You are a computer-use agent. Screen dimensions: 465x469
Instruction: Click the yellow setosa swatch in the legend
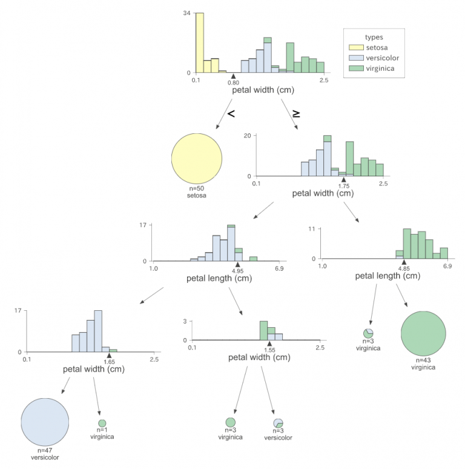tap(356, 47)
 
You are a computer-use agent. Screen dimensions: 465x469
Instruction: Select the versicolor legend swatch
tap(356, 58)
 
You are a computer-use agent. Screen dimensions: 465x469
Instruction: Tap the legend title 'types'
tap(374, 37)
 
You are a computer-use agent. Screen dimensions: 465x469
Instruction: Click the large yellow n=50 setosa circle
tap(197, 159)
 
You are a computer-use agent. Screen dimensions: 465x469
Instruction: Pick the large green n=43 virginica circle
tap(423, 333)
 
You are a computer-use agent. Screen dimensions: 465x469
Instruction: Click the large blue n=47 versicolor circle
tap(45, 422)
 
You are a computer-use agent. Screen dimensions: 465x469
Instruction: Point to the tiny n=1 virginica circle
tap(102, 423)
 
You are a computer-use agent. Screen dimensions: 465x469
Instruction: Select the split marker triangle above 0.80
tap(233, 76)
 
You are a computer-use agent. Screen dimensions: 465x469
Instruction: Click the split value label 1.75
tap(344, 186)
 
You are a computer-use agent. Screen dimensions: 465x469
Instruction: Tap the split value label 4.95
tap(237, 271)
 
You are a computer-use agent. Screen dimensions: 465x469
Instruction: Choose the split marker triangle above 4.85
tap(404, 262)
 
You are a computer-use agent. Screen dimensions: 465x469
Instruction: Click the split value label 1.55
tap(269, 350)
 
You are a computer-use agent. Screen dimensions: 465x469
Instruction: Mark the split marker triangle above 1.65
tap(109, 355)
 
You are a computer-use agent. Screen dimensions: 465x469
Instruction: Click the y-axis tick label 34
tap(186, 13)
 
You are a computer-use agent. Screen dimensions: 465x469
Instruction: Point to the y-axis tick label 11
tap(312, 229)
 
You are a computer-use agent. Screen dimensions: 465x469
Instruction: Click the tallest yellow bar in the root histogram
tap(200, 43)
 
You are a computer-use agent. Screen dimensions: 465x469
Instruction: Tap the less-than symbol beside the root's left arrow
tap(231, 113)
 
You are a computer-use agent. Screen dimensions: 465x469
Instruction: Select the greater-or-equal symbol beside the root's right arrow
tap(296, 114)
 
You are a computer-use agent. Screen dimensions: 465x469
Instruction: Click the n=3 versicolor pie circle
tap(279, 423)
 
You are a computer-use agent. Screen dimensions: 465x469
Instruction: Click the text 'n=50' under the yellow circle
tap(197, 188)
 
